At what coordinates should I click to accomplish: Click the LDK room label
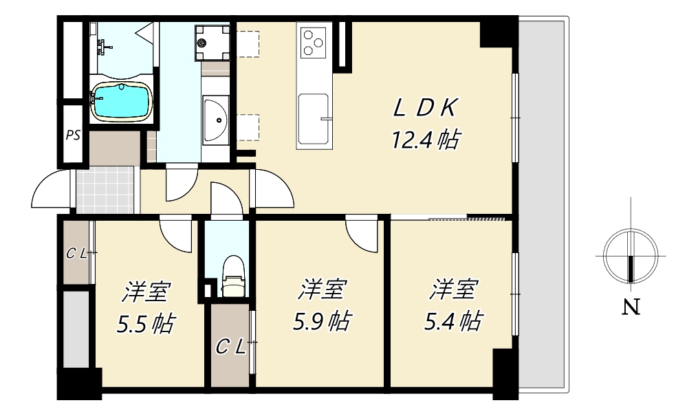[425, 108]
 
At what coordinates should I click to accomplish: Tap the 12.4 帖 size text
[425, 140]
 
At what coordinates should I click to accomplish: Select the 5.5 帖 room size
[146, 324]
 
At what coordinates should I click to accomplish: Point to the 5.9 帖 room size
[321, 321]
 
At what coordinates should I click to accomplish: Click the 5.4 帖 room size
[452, 321]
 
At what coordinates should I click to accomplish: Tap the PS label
[73, 135]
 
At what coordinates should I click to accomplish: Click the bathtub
[122, 102]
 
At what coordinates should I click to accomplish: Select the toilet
[233, 276]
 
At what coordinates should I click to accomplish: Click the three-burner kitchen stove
[314, 43]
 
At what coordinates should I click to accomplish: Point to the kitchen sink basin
[314, 118]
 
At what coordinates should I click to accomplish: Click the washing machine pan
[212, 43]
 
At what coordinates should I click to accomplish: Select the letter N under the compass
[631, 307]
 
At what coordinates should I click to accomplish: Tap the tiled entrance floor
[105, 190]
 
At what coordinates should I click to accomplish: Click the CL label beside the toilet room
[230, 347]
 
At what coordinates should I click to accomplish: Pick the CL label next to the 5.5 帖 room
[76, 254]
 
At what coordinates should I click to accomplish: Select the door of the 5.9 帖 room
[361, 234]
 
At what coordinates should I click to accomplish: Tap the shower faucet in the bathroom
[103, 46]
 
